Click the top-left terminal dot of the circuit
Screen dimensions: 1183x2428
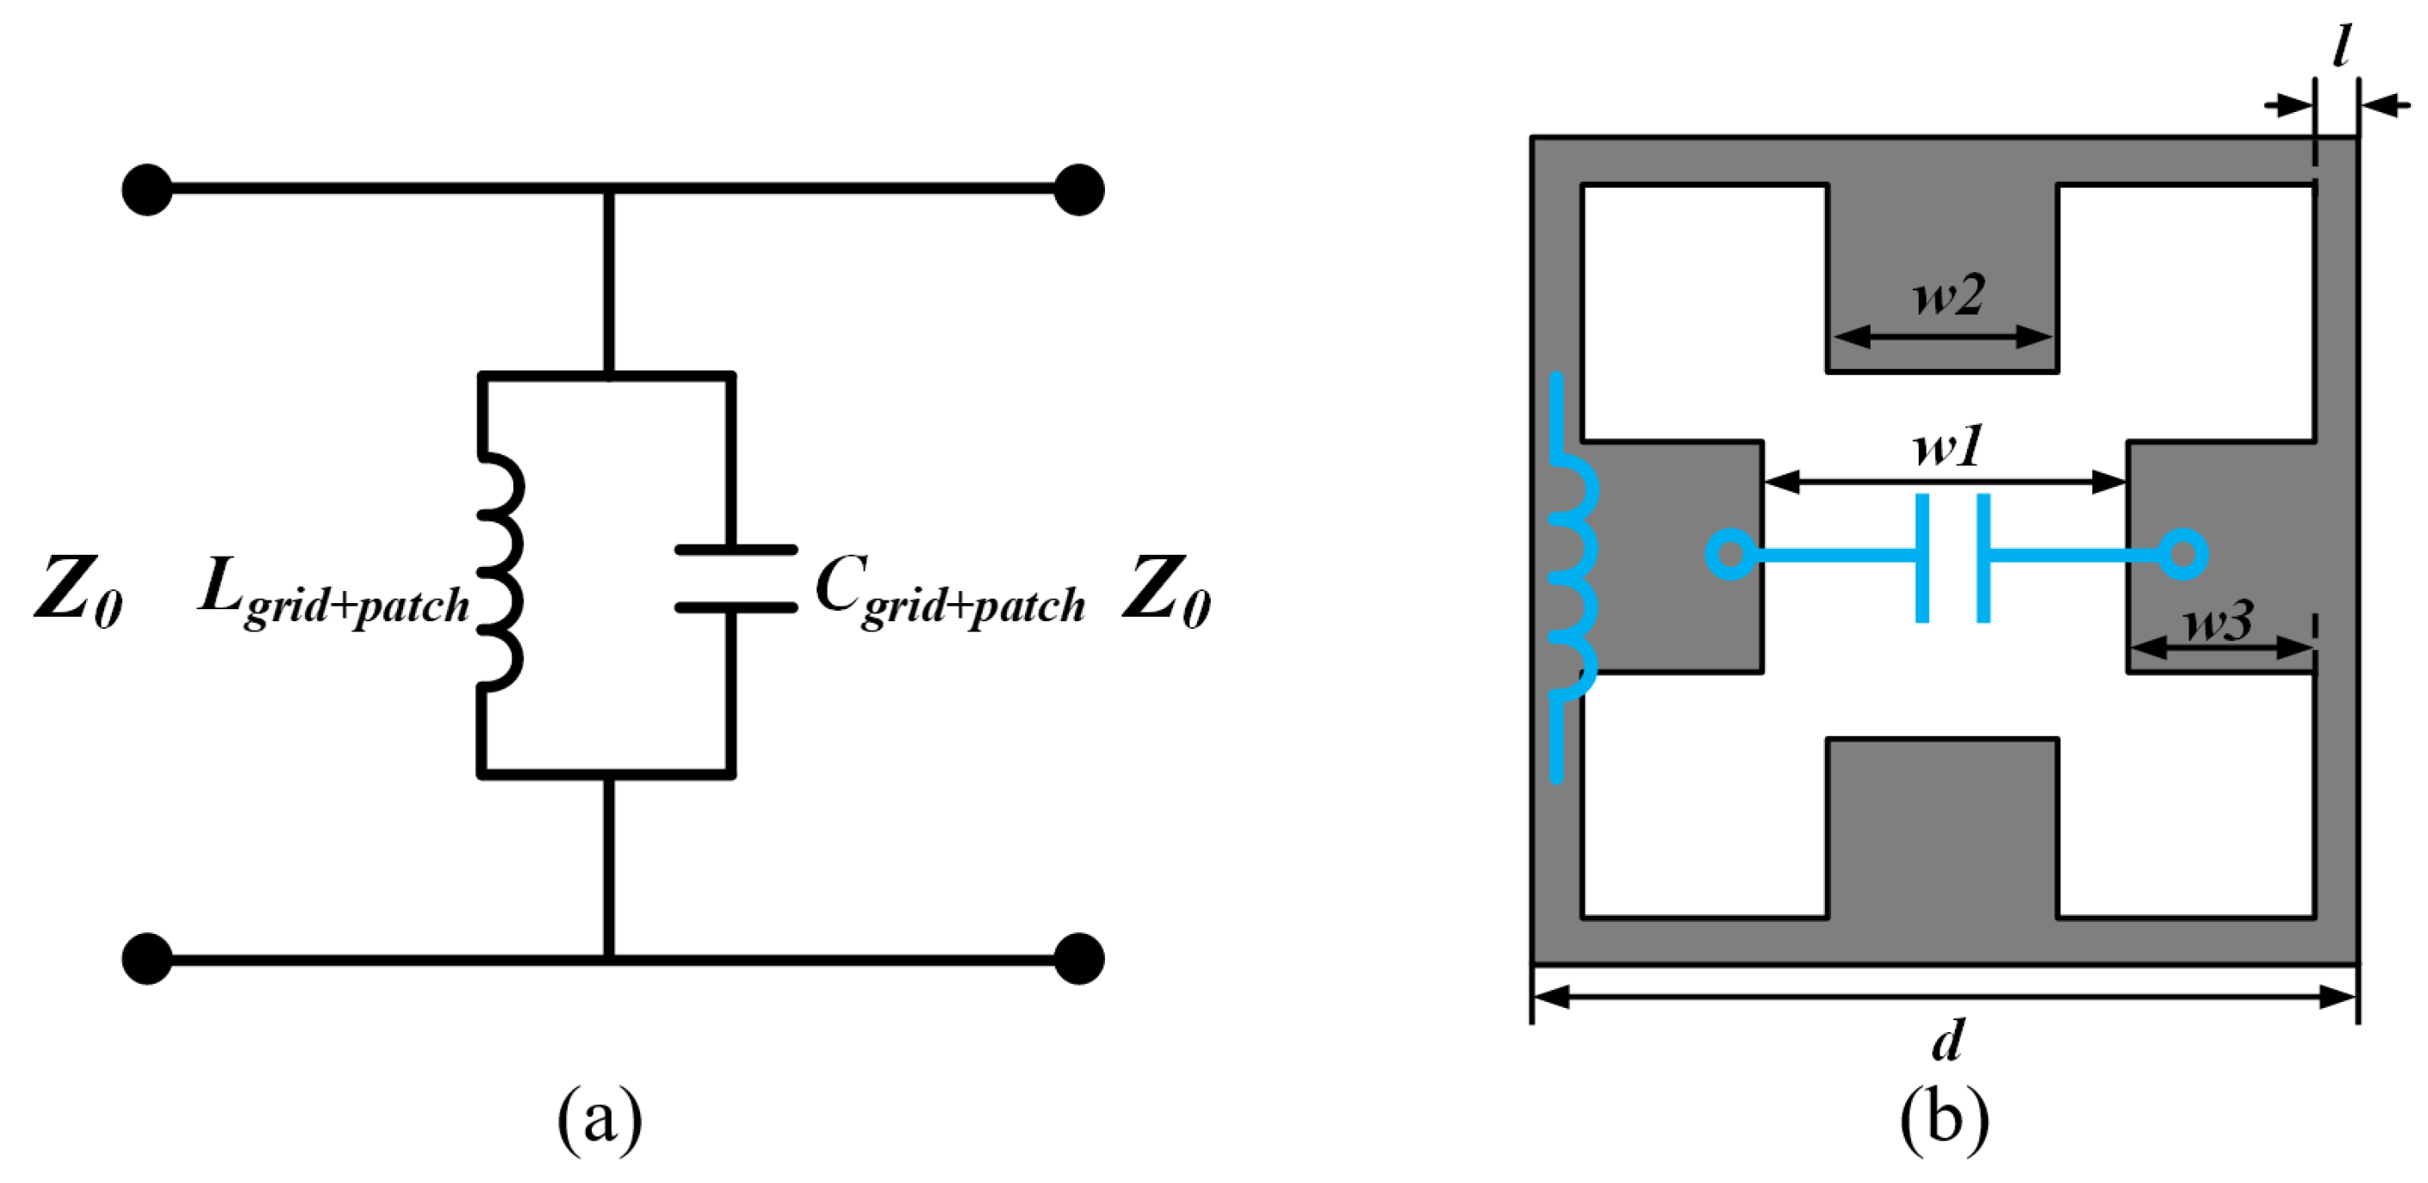(x=147, y=190)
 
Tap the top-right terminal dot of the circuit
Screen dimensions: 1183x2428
(x=1078, y=190)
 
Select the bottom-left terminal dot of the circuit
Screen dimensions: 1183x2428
(x=147, y=959)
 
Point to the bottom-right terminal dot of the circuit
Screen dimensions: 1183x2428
(x=1078, y=959)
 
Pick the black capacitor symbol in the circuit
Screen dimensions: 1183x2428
(x=736, y=579)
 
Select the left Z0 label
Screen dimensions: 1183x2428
(x=78, y=592)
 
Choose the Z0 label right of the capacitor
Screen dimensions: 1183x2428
(x=1166, y=592)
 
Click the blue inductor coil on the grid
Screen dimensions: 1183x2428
(x=1572, y=577)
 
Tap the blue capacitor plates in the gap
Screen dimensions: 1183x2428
(x=1953, y=558)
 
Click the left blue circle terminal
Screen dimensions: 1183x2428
(x=1730, y=554)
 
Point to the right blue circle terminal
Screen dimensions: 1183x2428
(x=2183, y=554)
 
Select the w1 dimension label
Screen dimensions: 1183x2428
(x=1949, y=445)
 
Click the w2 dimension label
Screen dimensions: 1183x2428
(x=1949, y=295)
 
